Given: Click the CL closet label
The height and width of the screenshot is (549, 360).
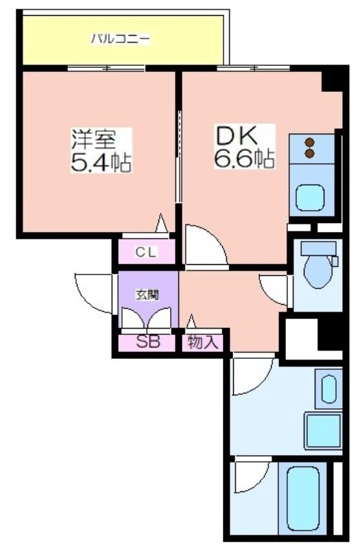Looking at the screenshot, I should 145,252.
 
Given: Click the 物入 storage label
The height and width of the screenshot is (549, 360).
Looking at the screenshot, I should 202,342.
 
